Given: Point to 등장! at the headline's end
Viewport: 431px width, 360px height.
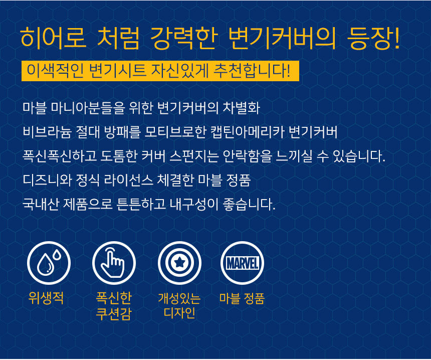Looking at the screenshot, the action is (x=373, y=38).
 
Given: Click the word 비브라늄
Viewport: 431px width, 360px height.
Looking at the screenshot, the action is (x=47, y=132).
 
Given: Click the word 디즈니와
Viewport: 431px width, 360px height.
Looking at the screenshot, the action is (x=47, y=180).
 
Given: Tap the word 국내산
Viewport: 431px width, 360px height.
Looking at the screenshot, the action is (x=41, y=204).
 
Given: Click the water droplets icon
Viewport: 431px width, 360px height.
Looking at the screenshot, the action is (x=49, y=262).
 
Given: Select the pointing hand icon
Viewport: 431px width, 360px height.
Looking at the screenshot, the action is (x=113, y=263).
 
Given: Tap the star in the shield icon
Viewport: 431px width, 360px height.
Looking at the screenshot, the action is (x=179, y=263).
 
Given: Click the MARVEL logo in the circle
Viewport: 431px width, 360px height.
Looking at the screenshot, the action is (x=242, y=263).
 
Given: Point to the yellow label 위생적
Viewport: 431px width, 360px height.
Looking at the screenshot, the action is (x=46, y=298).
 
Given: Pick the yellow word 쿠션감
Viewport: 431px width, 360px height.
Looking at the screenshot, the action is (x=114, y=313).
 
